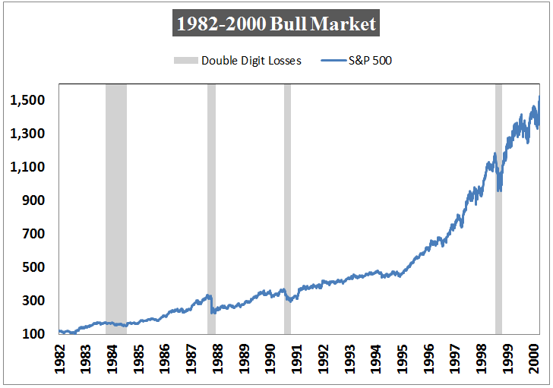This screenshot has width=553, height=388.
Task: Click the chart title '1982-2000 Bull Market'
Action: tap(276, 24)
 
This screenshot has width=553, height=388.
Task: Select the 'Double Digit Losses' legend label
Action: tap(251, 61)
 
